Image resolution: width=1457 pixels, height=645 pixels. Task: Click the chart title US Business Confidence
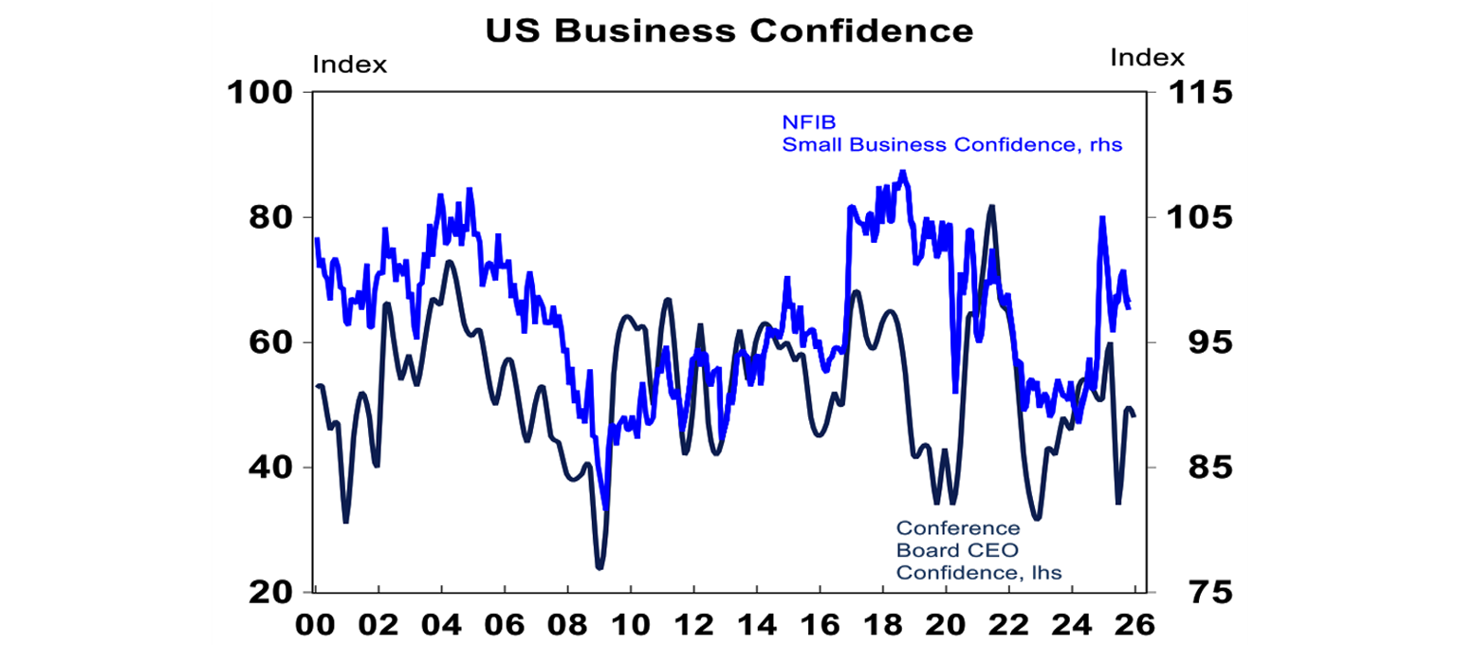(x=728, y=30)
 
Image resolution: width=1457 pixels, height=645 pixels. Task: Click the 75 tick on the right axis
(x=1186, y=593)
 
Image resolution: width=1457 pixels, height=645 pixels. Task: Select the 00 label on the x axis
(x=316, y=626)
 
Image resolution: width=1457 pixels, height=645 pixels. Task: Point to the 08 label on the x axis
(x=567, y=626)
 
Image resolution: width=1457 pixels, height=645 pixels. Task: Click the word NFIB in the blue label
(x=802, y=121)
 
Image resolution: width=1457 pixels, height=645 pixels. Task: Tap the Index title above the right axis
(x=1147, y=58)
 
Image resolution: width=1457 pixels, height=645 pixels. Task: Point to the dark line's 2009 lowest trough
(x=599, y=567)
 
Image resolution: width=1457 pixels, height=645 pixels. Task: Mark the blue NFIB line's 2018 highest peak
(x=902, y=173)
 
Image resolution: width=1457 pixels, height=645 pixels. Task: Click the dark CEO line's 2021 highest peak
(x=991, y=206)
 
